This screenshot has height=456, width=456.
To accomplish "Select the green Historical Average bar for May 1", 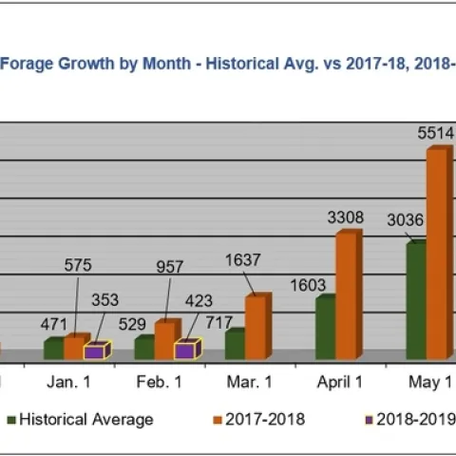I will pos(415,300).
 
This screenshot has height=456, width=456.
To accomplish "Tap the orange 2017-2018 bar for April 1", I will pos(346,295).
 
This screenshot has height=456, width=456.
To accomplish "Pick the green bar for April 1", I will pos(325,328).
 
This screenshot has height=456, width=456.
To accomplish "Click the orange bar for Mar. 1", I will pos(256,327).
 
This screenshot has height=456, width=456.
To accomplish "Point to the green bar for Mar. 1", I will pos(234,345).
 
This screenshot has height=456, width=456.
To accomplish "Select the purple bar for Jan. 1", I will pos(95,351).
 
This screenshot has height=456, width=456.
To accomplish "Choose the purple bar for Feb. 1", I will pos(185,351).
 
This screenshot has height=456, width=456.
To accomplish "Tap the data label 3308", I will pos(345,218).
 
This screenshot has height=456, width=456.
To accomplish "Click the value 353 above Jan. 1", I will pos(104,300).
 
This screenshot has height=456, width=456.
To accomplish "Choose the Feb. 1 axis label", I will pos(159,382).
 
